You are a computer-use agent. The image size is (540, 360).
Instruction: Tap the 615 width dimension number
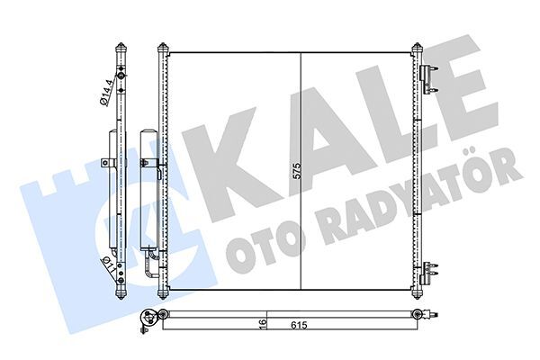[297, 325]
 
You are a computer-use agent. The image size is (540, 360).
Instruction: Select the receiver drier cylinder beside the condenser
[149, 189]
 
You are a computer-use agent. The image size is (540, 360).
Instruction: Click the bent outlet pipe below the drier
[150, 266]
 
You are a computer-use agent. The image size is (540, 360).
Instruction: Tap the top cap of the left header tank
[163, 47]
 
